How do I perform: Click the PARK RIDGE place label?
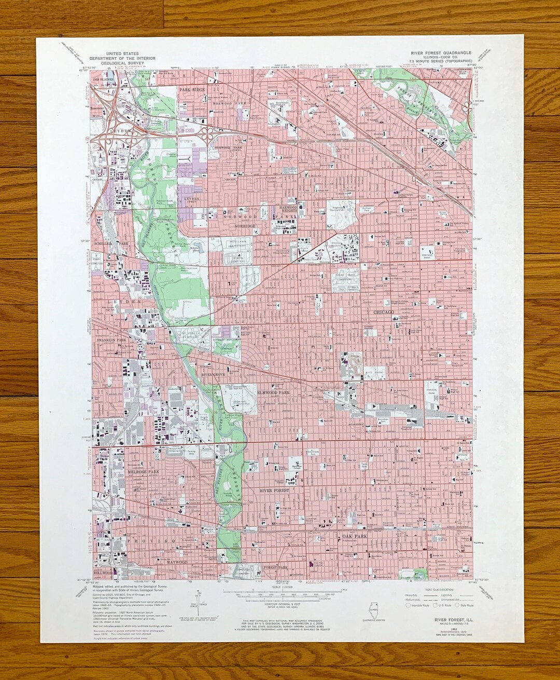pyautogui.click(x=192, y=90)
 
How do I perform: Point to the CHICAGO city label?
pyautogui.click(x=384, y=312)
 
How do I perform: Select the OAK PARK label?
pyautogui.click(x=354, y=536)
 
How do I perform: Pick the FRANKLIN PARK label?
pyautogui.click(x=111, y=340)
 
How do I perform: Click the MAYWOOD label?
pyautogui.click(x=177, y=562)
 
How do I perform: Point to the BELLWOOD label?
pyautogui.click(x=103, y=573)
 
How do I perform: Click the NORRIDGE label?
pyautogui.click(x=245, y=226)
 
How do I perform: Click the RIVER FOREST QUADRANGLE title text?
pyautogui.click(x=441, y=53)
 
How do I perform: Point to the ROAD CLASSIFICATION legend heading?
pyautogui.click(x=438, y=590)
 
